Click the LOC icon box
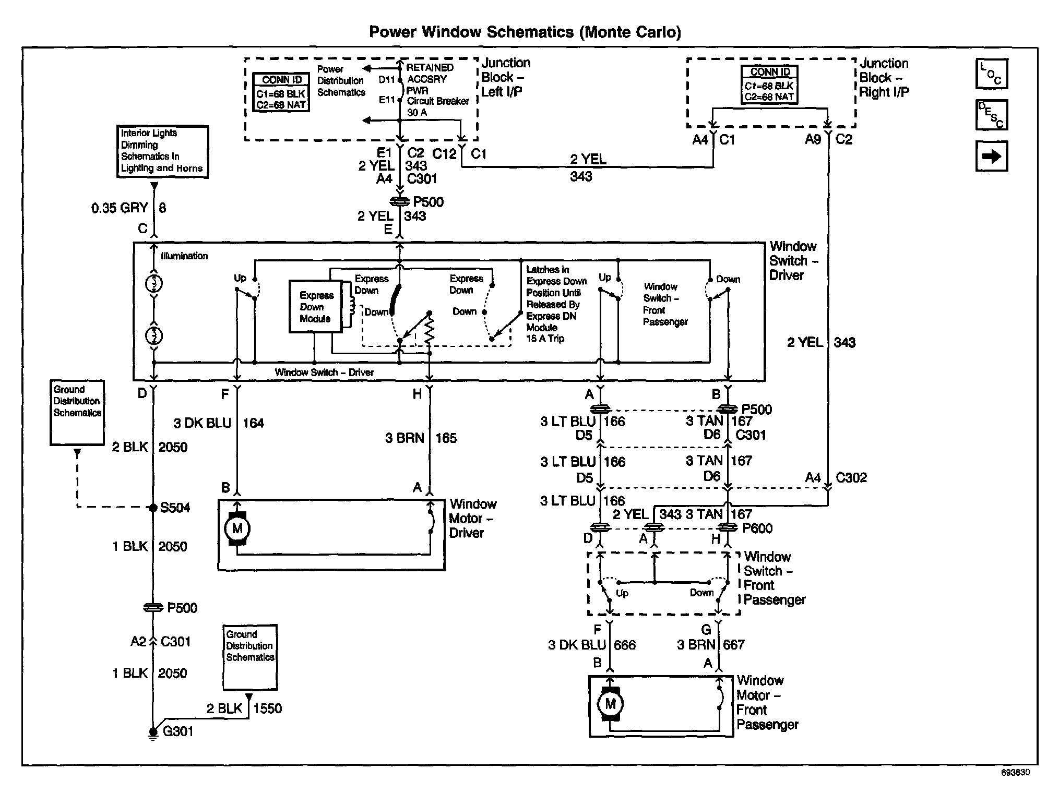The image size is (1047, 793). point(991,74)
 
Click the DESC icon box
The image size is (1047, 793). point(991,115)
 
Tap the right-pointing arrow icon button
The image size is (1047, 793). point(991,156)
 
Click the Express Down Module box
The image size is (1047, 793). point(316,307)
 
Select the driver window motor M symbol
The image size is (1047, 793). point(237,528)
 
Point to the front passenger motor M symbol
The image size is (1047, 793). point(610,704)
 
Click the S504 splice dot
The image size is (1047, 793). point(153,507)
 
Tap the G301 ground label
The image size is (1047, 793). point(178,731)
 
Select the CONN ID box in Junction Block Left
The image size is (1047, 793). point(282,92)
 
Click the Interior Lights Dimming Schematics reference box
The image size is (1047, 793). point(162,151)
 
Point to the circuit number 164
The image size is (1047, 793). point(253,423)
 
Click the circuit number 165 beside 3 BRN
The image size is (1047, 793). point(446,438)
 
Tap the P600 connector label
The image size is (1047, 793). point(757,528)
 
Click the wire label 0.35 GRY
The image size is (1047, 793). point(120,208)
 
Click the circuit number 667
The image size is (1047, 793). point(733,645)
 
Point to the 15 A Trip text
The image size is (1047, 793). point(545,339)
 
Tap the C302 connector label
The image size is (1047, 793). point(851,478)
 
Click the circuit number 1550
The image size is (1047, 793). point(267,708)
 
